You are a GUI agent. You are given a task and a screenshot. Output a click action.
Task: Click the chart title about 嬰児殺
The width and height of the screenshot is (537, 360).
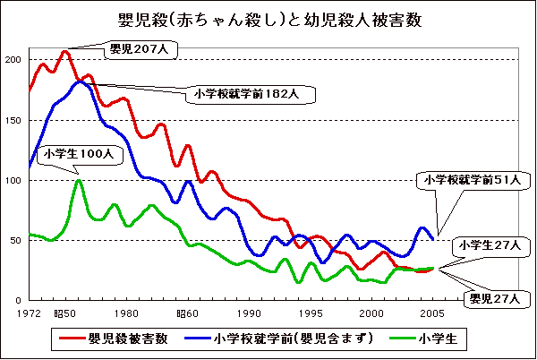click(269, 20)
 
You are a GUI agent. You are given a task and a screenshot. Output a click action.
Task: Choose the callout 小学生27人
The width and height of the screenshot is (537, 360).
click(484, 244)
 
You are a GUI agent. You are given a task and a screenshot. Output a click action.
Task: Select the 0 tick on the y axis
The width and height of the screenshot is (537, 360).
click(18, 300)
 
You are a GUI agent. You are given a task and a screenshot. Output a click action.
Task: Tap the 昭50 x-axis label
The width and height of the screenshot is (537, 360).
click(64, 313)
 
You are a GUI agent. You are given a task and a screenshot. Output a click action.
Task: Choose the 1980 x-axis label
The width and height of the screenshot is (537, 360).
click(125, 313)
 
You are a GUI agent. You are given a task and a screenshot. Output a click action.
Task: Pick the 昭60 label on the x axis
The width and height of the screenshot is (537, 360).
click(187, 313)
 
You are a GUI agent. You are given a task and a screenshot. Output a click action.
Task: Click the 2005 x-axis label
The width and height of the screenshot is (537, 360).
click(433, 313)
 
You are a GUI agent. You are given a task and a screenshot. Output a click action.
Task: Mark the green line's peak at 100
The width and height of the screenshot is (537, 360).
click(79, 181)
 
